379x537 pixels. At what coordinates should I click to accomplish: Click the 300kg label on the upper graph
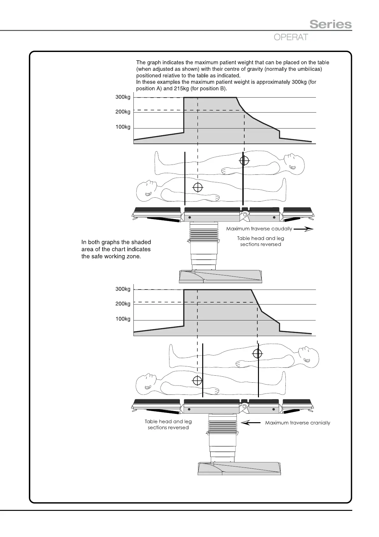[x=123, y=97]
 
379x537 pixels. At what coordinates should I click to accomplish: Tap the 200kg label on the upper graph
[x=123, y=112]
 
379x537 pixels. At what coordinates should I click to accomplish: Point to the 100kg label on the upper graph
[x=123, y=127]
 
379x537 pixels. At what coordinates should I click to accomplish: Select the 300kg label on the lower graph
[x=123, y=289]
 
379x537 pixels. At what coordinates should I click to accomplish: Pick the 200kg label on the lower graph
[x=123, y=304]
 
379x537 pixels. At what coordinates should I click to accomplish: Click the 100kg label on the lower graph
[x=123, y=319]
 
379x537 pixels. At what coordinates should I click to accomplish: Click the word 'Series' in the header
[x=331, y=24]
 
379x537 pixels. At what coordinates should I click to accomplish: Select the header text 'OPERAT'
[x=291, y=37]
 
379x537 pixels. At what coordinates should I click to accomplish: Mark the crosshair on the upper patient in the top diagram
[x=244, y=160]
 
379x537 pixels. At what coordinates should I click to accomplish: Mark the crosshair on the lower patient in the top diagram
[x=198, y=188]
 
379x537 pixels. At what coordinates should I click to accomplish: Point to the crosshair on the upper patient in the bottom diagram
[x=257, y=354]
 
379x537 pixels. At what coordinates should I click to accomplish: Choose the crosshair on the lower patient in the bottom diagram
[x=197, y=380]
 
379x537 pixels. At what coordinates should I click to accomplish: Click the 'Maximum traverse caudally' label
[x=259, y=229]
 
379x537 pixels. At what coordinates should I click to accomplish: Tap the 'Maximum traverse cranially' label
[x=297, y=423]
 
